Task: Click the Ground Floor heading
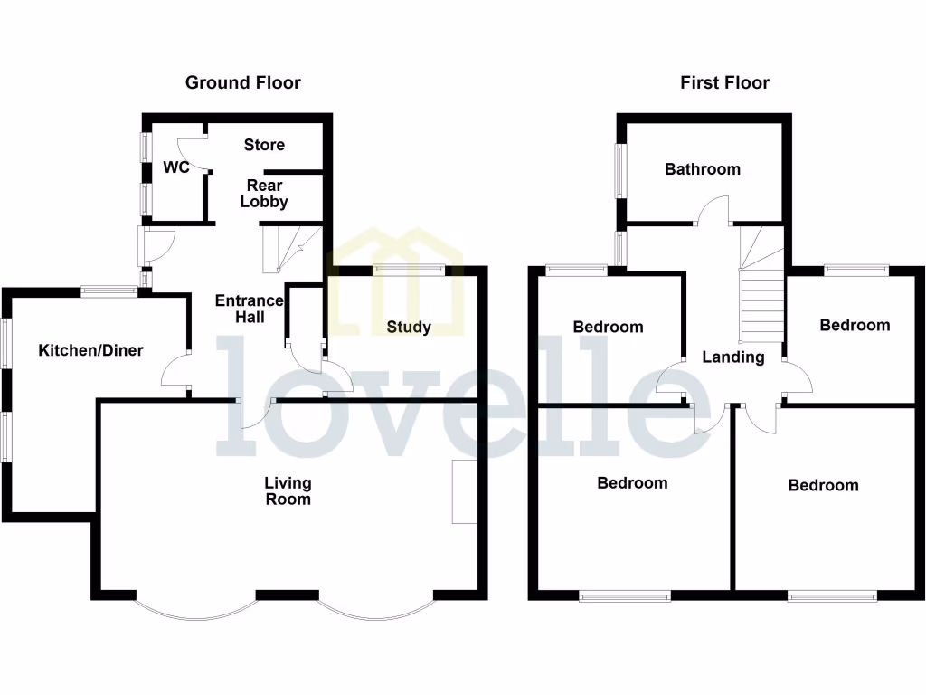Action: (242, 82)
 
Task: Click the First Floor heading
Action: (724, 82)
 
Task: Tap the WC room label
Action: (175, 167)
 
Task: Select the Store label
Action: (264, 145)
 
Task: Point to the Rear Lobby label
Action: (264, 194)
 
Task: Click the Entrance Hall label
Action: (240, 309)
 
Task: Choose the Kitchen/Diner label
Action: (90, 350)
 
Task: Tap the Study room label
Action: (409, 327)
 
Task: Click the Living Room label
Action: (288, 490)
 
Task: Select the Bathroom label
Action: (702, 168)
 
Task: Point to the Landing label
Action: (733, 357)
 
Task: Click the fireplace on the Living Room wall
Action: (464, 491)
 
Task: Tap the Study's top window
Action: (409, 268)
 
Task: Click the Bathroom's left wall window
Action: (620, 170)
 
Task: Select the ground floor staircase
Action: (291, 250)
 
